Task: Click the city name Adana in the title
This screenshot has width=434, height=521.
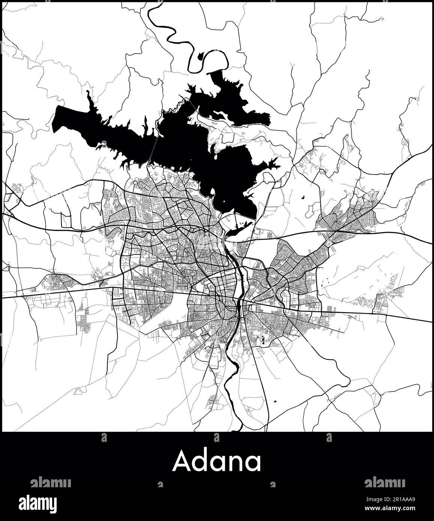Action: (217, 461)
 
